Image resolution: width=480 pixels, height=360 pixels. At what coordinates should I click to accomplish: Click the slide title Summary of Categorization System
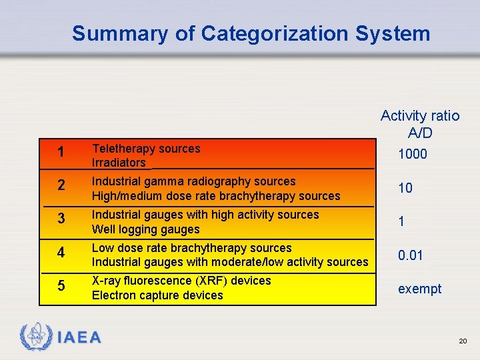(251, 33)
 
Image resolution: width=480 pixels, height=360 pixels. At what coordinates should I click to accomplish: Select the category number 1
(61, 153)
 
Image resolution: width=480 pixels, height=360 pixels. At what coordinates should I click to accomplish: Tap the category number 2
(61, 186)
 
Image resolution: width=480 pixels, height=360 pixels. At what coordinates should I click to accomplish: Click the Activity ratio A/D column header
(420, 124)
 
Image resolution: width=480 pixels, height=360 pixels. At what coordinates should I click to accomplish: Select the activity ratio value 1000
(413, 155)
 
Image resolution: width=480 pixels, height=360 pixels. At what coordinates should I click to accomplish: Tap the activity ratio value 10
(405, 189)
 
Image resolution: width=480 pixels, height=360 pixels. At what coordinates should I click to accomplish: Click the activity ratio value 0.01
(411, 255)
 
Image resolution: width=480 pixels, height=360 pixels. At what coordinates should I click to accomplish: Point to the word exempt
(419, 289)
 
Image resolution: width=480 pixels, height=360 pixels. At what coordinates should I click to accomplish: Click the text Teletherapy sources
(146, 149)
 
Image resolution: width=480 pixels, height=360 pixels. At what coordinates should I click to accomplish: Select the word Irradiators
(119, 163)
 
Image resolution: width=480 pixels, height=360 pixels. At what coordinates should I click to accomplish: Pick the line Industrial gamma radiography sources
(193, 181)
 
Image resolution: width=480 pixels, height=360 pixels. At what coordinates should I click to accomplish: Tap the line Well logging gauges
(145, 229)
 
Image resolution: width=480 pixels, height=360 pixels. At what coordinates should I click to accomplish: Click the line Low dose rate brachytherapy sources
(191, 248)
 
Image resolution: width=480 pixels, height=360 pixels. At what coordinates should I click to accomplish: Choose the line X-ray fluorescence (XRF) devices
(181, 281)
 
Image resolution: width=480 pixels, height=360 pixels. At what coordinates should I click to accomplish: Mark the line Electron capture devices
(157, 295)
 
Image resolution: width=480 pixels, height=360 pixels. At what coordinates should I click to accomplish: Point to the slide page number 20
(463, 341)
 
